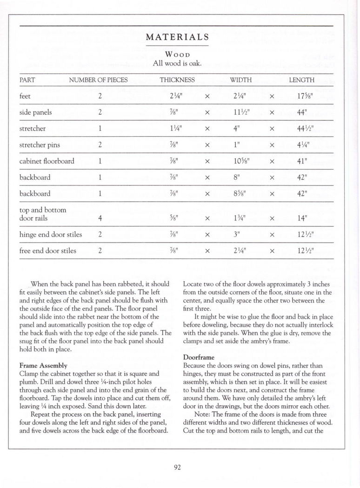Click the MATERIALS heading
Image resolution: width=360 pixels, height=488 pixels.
pyautogui.click(x=177, y=37)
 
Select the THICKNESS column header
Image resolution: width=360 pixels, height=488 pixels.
pyautogui.click(x=177, y=80)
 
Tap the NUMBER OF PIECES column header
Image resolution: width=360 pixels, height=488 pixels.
pyautogui.click(x=98, y=80)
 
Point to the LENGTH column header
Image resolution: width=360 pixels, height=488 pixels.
pyautogui.click(x=301, y=80)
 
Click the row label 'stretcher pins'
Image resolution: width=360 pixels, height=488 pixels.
pyautogui.click(x=40, y=145)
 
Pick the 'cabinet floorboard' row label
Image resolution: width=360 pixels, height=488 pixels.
pyautogui.click(x=47, y=161)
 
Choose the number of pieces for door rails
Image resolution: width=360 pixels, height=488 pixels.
pyautogui.click(x=100, y=218)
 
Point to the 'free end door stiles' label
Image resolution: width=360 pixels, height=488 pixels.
pyautogui.click(x=47, y=251)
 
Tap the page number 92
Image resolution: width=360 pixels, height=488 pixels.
pyautogui.click(x=177, y=468)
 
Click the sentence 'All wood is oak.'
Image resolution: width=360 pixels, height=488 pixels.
pyautogui.click(x=177, y=62)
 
